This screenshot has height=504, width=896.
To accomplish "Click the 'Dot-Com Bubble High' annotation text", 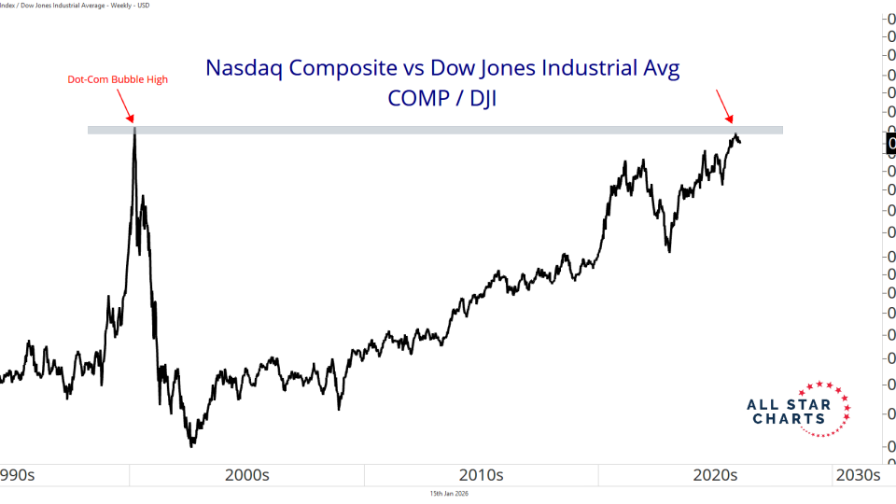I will pos(118,79).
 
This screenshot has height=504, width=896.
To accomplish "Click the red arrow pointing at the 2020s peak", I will pos(724,105).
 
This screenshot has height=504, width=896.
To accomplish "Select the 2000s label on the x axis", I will pos(247,475).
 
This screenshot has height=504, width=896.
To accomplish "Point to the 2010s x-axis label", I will pos(481,475).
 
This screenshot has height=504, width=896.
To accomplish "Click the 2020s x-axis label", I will pos(715,475).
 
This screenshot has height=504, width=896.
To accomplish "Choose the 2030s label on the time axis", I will pos(857,475).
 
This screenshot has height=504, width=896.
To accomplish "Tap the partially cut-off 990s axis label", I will pos(17,475).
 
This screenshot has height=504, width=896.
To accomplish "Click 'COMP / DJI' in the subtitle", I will pos(443,97).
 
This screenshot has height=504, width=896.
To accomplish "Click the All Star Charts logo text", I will pos(786,412).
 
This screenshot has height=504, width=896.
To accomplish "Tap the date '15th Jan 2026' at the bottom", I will pos(448,493).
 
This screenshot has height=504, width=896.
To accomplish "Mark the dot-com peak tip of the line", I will pos(134,128).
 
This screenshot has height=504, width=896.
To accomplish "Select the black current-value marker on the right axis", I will pos(890,144).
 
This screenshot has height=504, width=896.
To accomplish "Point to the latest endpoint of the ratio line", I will pos(740,142).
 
